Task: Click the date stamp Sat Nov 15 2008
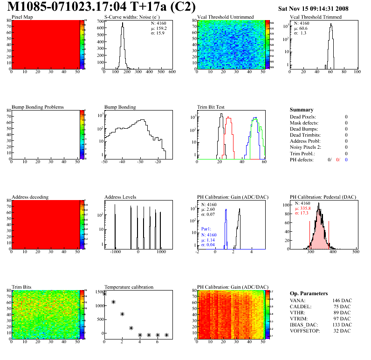(313, 8)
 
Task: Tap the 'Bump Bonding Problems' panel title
(38, 107)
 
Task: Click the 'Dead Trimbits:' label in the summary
(305, 135)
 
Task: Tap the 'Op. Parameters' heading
(309, 293)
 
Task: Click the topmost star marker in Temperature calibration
(104, 294)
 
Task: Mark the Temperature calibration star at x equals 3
(131, 328)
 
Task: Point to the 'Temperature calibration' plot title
(129, 287)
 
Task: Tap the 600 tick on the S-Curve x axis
(172, 72)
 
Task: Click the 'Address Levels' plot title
(120, 197)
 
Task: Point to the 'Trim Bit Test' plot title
(211, 107)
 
